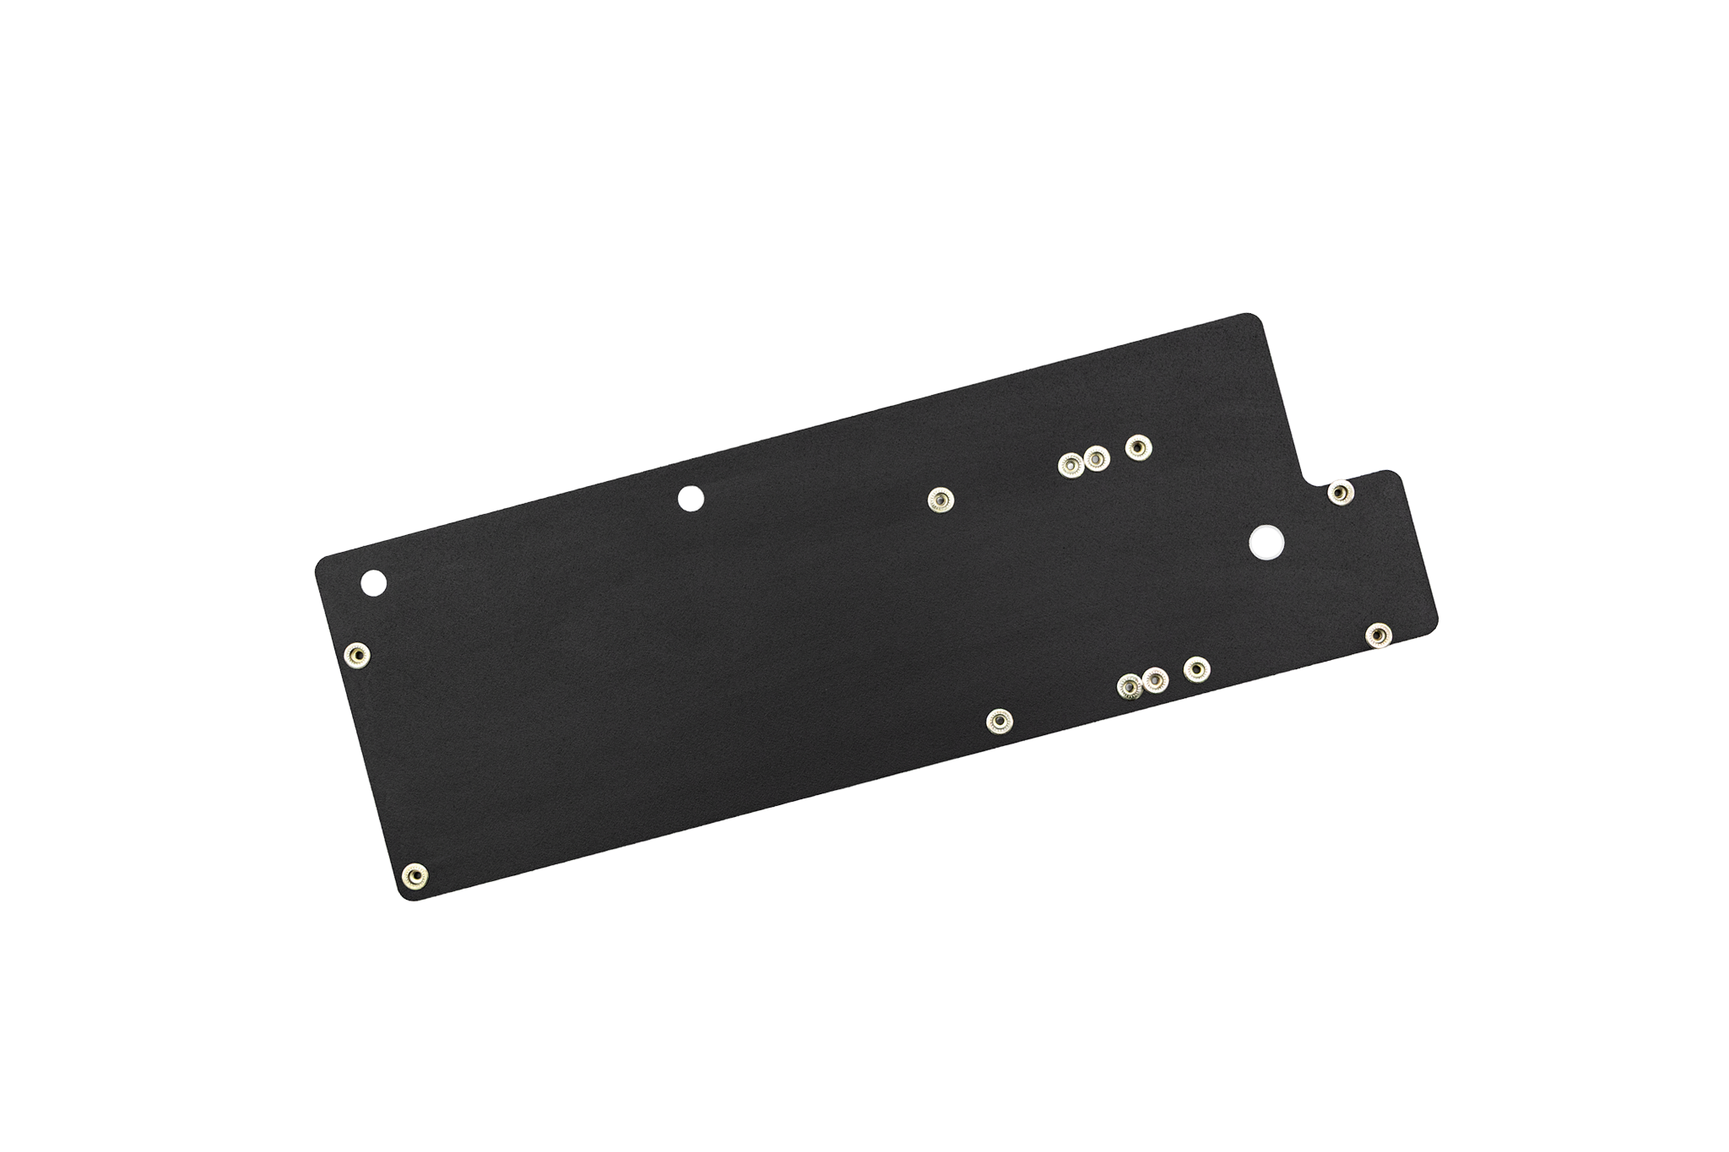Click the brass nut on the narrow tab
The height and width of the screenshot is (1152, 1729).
pyautogui.click(x=1338, y=493)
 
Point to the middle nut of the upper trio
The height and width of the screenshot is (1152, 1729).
pyautogui.click(x=1095, y=458)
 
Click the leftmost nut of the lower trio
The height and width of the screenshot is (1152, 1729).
pyautogui.click(x=1128, y=688)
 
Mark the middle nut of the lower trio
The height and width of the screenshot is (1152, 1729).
pyautogui.click(x=1154, y=679)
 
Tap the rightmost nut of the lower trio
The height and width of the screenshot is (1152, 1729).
pyautogui.click(x=1195, y=670)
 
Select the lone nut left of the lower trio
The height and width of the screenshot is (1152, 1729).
pyautogui.click(x=1000, y=722)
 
